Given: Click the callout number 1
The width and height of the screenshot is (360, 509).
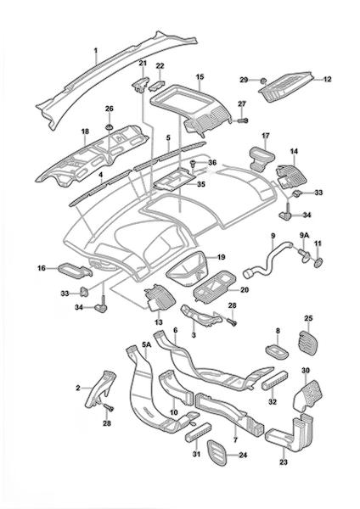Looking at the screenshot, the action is tap(96, 51).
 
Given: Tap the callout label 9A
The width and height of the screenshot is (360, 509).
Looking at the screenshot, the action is tap(304, 243).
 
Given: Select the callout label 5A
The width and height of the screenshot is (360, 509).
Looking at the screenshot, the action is tap(147, 344).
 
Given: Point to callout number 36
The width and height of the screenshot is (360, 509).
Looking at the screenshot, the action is tap(212, 163).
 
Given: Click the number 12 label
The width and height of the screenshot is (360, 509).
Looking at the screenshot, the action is tap(327, 79).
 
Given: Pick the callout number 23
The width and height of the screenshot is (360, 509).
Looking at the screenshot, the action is tap(284, 461).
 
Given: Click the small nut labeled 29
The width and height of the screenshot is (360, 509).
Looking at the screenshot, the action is tap(264, 80).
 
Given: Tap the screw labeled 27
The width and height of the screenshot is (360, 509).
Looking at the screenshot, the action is tap(241, 120).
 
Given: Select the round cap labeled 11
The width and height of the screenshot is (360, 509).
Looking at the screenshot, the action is tap(318, 262).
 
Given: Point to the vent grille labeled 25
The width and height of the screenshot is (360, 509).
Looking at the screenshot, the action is tap(307, 343).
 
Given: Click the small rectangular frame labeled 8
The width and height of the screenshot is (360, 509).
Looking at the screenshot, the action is tap(278, 352).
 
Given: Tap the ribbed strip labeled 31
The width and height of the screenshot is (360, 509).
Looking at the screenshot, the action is tap(198, 433).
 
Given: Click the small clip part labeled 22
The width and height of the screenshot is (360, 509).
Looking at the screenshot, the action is tap(156, 86).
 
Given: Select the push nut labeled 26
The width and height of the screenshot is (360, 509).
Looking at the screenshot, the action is tap(110, 126).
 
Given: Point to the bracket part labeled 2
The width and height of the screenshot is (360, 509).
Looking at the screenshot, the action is tap(99, 389).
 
